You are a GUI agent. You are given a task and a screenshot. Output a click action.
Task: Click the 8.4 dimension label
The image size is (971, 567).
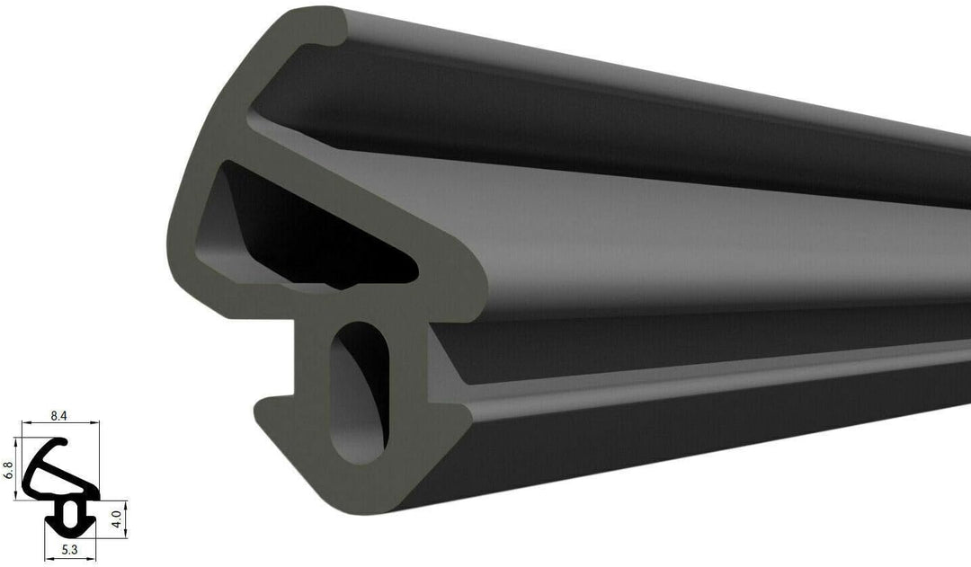tap(58, 416)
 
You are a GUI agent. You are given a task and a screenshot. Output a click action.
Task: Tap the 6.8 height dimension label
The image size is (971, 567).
tap(9, 471)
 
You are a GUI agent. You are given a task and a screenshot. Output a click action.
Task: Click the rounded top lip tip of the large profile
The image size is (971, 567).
tap(324, 27)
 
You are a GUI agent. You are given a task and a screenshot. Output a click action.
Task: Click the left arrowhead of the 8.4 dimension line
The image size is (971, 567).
tap(25, 422)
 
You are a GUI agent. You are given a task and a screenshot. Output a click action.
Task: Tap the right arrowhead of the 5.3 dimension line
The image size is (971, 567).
tap(93, 559)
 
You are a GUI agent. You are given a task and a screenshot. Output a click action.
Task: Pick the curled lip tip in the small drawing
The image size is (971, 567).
tap(65, 441)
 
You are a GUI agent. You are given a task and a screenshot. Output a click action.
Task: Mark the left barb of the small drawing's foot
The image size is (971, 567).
tap(48, 519)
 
